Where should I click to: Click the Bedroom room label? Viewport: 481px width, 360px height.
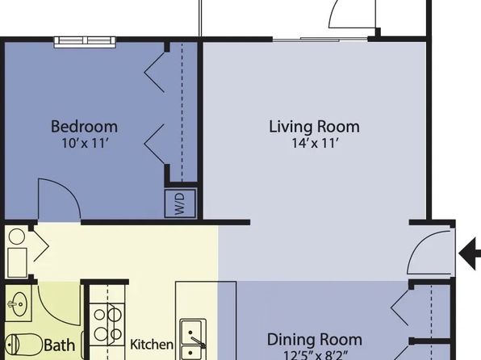(x=84, y=127)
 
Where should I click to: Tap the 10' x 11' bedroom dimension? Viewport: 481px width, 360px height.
(x=86, y=143)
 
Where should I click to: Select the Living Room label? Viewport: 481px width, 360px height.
(x=315, y=127)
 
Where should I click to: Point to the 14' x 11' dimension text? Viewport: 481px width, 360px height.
(x=315, y=143)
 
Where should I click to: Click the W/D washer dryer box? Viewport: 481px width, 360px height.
(x=180, y=203)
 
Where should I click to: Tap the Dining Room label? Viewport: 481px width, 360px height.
(x=315, y=340)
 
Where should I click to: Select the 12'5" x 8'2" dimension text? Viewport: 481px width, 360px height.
(x=316, y=355)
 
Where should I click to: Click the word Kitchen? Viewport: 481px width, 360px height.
(x=152, y=345)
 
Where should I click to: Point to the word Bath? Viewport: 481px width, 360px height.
(x=60, y=345)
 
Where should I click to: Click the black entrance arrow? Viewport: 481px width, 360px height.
(x=470, y=253)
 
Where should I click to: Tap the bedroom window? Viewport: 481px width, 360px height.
(x=85, y=42)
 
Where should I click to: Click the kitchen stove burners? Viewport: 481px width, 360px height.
(x=107, y=324)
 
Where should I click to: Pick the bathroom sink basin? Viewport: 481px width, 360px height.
(x=19, y=303)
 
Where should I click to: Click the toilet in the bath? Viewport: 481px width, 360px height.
(x=23, y=345)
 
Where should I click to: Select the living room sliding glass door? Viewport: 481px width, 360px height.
(x=320, y=40)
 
